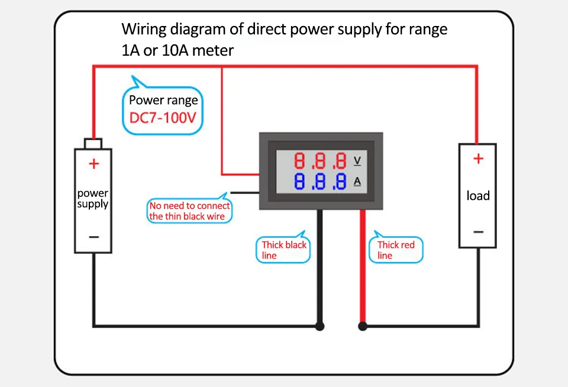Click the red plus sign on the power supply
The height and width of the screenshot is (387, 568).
93,164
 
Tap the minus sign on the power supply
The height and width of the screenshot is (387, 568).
93,237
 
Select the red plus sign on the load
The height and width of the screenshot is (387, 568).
478,159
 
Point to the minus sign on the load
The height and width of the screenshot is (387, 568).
478,231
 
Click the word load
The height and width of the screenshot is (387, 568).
478,196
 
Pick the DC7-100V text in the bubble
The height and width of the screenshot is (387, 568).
162,118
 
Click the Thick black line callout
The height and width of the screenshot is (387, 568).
284,250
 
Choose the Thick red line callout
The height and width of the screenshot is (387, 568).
396,250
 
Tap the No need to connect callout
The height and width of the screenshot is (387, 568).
189,211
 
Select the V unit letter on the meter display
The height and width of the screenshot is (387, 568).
357,160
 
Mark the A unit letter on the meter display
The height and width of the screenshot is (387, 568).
357,181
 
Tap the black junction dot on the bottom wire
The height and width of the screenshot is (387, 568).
320,326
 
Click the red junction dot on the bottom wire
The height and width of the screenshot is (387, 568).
363,326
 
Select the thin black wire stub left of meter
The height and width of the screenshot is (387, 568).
244,192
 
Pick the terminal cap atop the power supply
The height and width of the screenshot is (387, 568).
93,144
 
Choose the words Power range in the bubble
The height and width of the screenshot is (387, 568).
163,100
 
